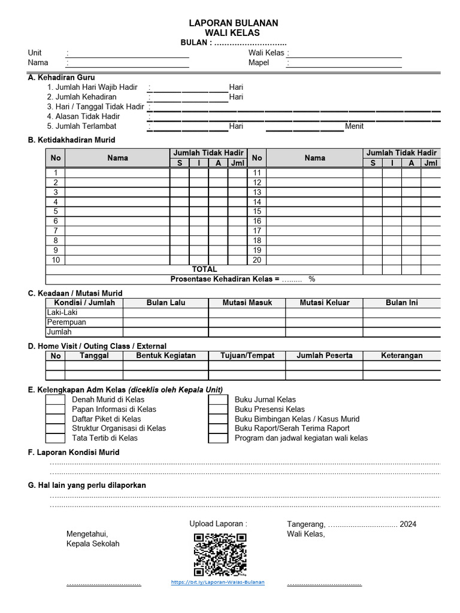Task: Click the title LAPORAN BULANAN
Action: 234,23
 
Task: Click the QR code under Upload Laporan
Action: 220,555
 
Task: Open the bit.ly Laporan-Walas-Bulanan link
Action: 217,582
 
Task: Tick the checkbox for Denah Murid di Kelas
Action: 55,400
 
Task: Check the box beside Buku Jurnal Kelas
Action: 218,400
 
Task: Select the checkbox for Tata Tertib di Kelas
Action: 55,438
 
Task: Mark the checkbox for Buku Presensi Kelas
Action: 218,409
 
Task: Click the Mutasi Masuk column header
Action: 247,303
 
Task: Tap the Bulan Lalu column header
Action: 166,303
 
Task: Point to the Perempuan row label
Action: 66,322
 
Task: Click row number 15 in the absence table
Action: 257,212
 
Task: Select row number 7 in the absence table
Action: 56,231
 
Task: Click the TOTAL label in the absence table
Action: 204,269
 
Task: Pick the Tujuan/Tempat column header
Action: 247,356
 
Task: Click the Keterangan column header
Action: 401,356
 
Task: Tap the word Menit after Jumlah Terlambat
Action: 354,126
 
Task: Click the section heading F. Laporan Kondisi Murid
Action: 74,453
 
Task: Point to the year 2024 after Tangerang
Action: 408,524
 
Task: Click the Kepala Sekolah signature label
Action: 93,544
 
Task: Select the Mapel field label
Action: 259,63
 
